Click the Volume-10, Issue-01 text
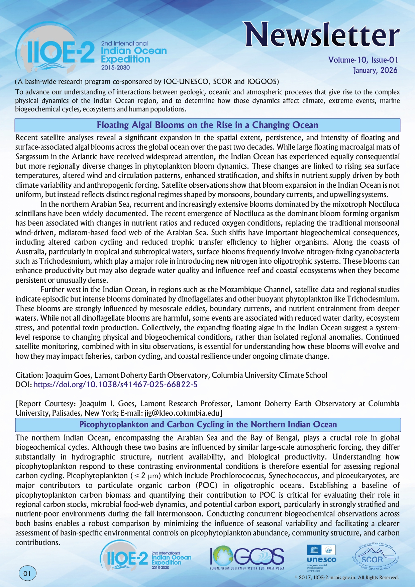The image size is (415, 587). pyautogui.click(x=363, y=60)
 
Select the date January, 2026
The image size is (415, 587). pyautogui.click(x=375, y=70)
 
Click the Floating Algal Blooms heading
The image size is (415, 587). pyautogui.click(x=207, y=125)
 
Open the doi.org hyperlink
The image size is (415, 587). pyautogui.click(x=115, y=385)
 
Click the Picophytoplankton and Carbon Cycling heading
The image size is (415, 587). pyautogui.click(x=208, y=424)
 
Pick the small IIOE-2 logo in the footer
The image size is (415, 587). pyautogui.click(x=146, y=557)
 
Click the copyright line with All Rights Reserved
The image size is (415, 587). pyautogui.click(x=346, y=578)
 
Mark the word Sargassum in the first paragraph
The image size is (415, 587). pyautogui.click(x=32, y=157)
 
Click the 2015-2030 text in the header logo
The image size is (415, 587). pyautogui.click(x=115, y=68)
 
